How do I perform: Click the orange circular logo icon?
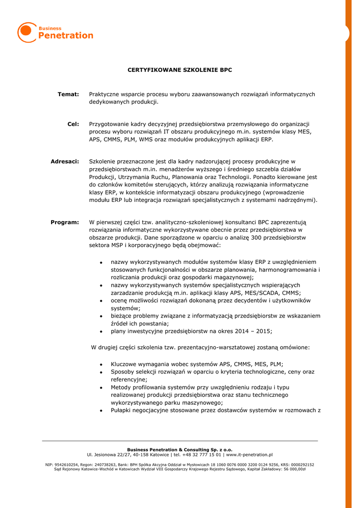pos(26,32)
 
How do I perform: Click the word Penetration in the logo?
pos(66,36)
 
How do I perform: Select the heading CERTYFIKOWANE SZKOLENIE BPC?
pos(180,70)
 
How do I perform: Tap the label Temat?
pos(69,94)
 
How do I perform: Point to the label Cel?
pos(73,124)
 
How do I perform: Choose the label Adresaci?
pos(65,161)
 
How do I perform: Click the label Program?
pos(65,222)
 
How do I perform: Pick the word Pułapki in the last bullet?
pos(122,410)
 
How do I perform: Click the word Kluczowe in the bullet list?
pos(124,364)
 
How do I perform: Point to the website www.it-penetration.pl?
pos(249,454)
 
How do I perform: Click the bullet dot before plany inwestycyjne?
pos(101,331)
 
